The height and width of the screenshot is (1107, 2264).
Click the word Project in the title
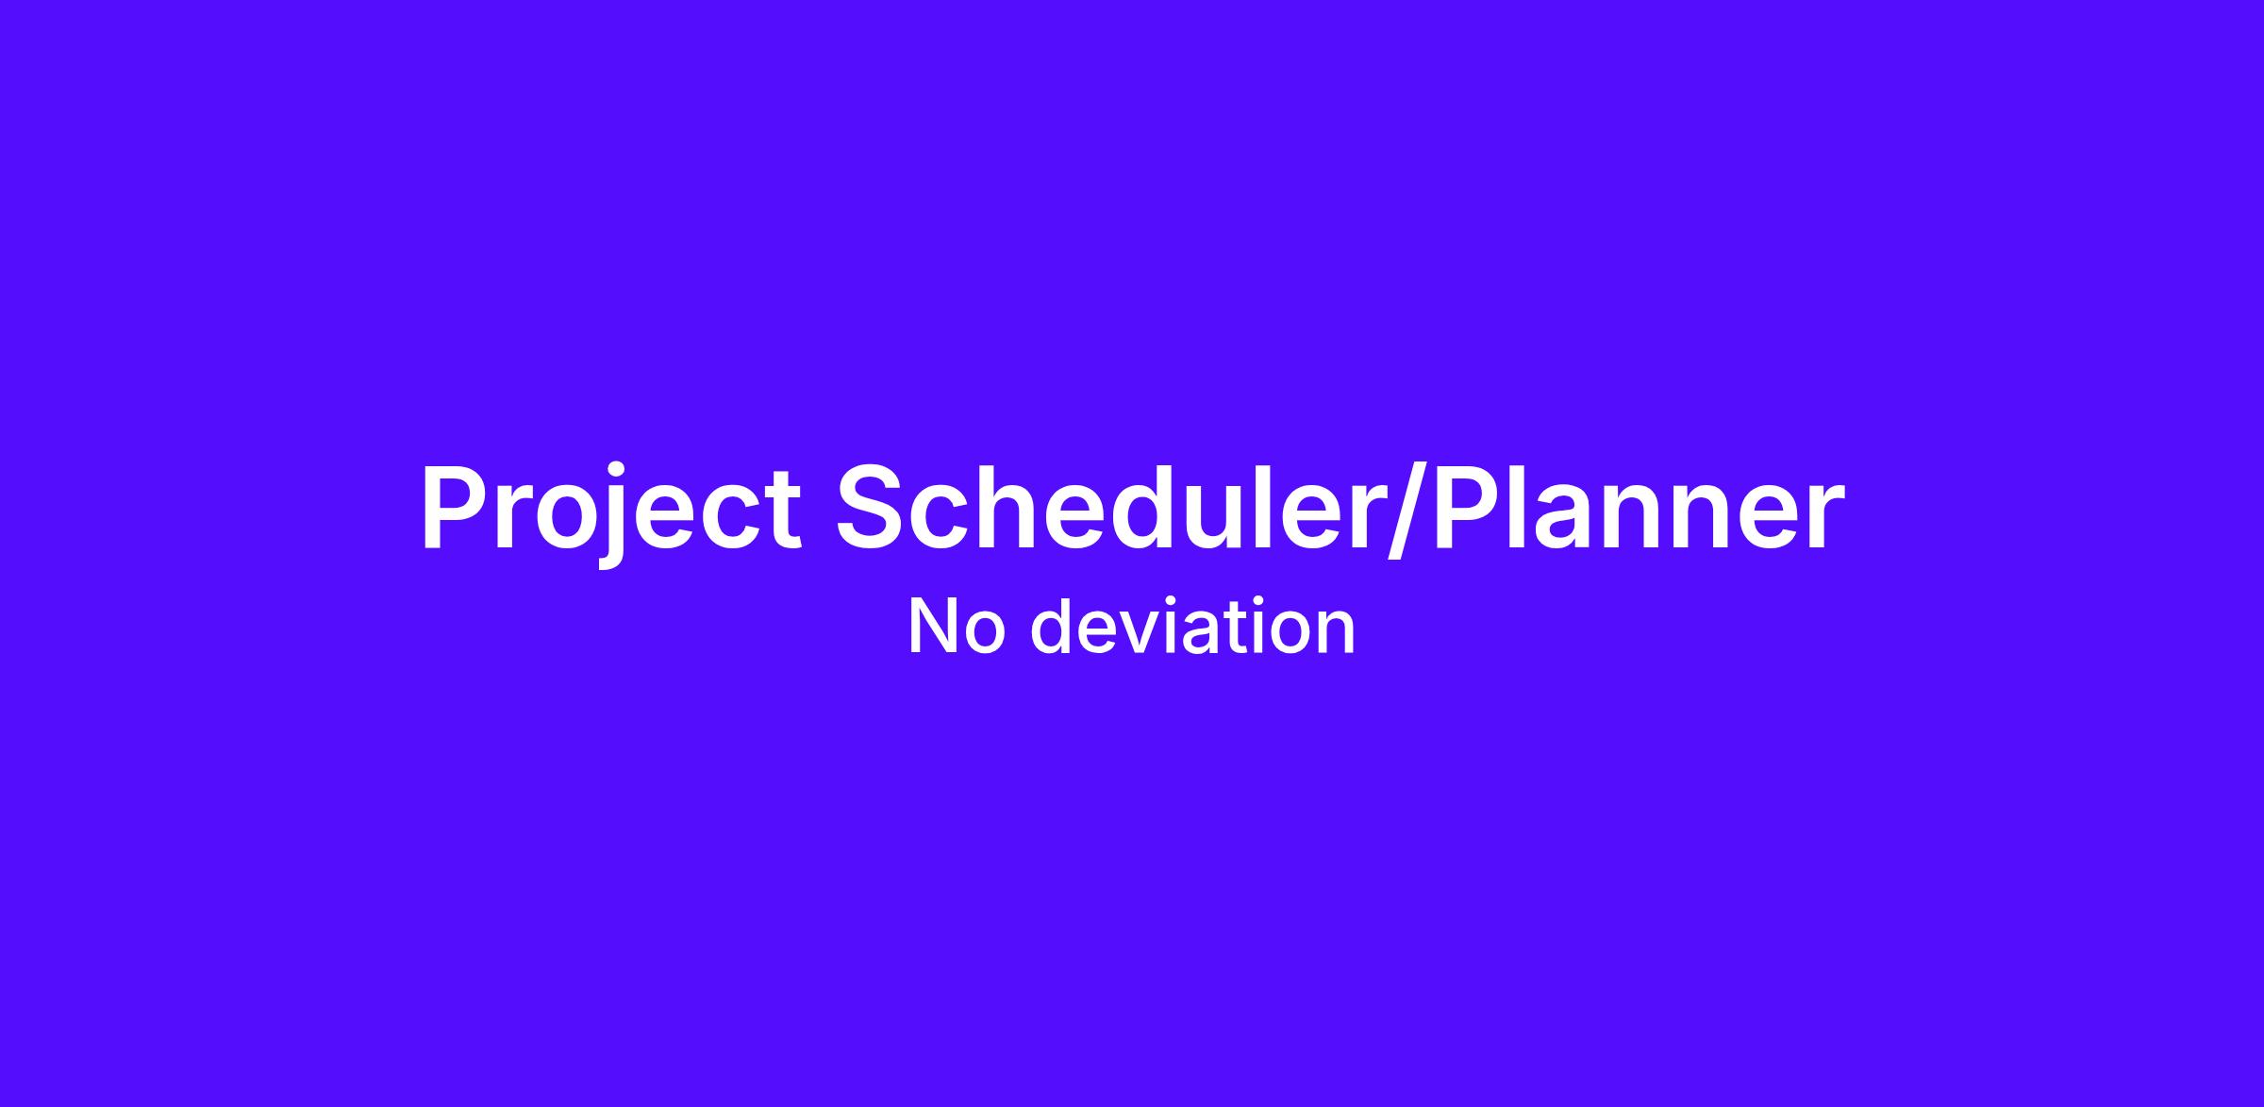[x=611, y=509]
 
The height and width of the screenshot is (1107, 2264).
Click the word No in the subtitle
[x=957, y=627]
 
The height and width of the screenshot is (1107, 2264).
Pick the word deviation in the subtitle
[x=1193, y=626]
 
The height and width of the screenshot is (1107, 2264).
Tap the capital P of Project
[x=455, y=506]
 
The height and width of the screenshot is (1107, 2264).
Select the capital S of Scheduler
[x=872, y=506]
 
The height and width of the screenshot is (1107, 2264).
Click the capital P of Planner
[x=1467, y=506]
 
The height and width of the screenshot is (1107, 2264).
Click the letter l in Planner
[x=1517, y=505]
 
